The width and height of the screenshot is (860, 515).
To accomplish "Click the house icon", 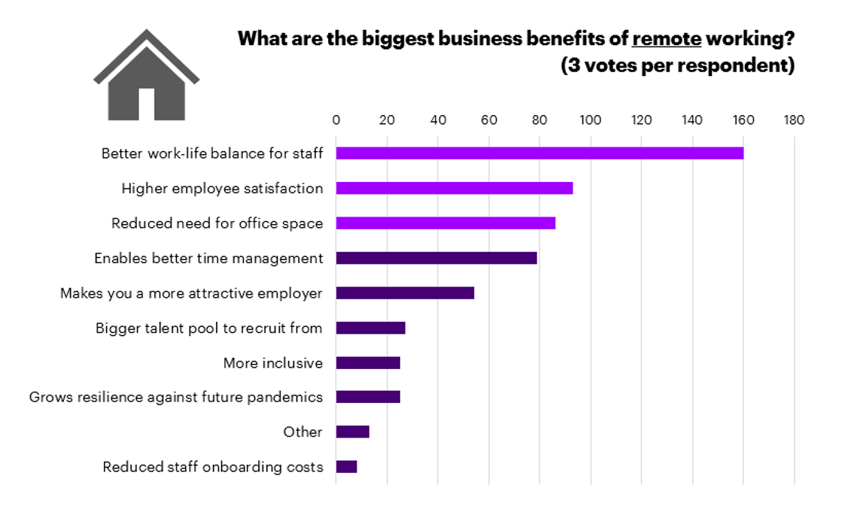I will coord(146,77).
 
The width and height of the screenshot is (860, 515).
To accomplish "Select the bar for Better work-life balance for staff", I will coord(539,153).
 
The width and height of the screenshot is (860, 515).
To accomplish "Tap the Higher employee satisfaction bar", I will coord(454,188).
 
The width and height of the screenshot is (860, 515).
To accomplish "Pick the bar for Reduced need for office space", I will coord(445,223).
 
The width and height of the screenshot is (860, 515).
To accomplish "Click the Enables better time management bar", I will coord(436,258).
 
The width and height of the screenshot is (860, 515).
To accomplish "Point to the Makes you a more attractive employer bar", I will coord(405,292).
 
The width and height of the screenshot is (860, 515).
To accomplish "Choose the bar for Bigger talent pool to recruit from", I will coord(370,328).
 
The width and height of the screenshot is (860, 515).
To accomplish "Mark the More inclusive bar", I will coord(368,362).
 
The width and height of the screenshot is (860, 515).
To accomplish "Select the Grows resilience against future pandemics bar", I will coord(368,397).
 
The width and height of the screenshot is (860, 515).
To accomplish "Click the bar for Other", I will coord(352,432).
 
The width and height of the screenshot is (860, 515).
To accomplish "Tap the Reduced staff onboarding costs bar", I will coord(346,467).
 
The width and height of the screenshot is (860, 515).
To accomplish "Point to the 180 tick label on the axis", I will coord(793,120).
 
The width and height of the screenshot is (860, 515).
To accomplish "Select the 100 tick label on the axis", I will coord(590,120).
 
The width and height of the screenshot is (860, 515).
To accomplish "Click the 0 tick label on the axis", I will coord(336,120).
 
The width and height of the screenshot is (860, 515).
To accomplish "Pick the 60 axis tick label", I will coord(488,120).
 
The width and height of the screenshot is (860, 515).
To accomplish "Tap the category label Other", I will coord(302,432).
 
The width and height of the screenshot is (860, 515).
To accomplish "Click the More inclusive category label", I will coord(272,363).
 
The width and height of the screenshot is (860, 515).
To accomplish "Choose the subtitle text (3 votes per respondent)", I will coord(677,65).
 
